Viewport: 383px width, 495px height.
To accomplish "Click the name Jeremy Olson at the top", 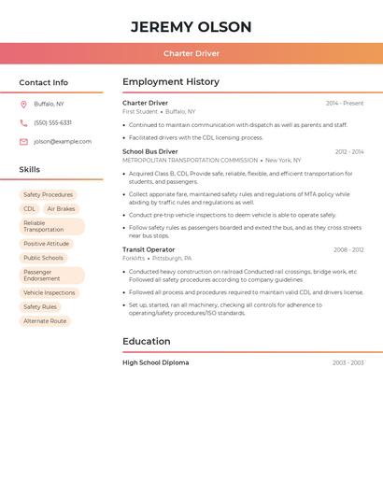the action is click(x=191, y=26).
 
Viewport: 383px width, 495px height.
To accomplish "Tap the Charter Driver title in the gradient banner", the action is click(x=191, y=54).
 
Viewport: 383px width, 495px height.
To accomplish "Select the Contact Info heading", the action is click(x=43, y=82).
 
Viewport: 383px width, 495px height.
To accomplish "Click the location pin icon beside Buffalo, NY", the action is click(x=23, y=104).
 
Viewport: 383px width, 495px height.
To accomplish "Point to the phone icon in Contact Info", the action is click(x=23, y=122).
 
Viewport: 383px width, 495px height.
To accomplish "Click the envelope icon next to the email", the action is click(x=23, y=142).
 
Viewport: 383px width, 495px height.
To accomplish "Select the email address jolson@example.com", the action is click(x=63, y=142).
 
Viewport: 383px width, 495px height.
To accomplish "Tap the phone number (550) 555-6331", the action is click(x=52, y=122).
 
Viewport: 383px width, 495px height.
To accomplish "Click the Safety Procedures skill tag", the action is click(x=48, y=195).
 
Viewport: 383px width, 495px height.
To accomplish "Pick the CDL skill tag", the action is click(x=29, y=209).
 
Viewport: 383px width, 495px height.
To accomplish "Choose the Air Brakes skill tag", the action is click(x=61, y=209).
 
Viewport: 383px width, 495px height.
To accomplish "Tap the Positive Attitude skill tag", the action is click(x=46, y=244).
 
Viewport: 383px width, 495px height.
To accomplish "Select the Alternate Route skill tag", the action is click(x=45, y=321).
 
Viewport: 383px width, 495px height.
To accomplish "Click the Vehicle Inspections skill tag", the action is click(x=49, y=292).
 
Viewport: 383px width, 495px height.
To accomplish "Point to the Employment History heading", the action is click(x=171, y=82).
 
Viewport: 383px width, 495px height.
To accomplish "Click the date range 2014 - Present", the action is click(x=345, y=104).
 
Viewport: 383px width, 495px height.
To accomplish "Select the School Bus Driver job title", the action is click(x=149, y=151).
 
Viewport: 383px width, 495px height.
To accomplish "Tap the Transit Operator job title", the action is click(x=148, y=249).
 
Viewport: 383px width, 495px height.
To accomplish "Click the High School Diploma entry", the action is click(x=155, y=362).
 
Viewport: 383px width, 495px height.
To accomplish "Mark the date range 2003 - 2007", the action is click(x=348, y=362).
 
